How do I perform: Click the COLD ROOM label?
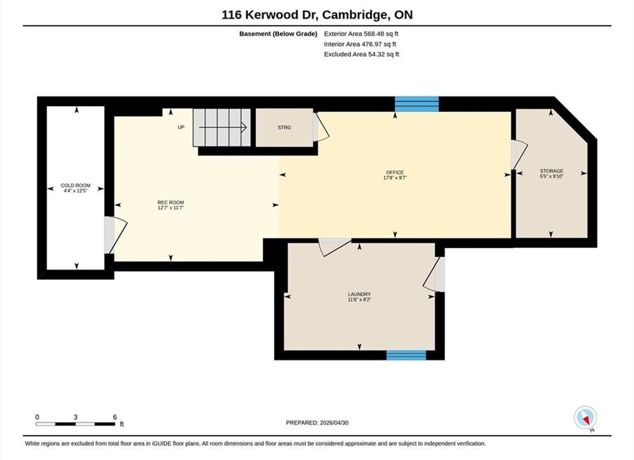pos(75,185)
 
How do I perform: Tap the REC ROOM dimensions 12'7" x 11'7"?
pos(170,208)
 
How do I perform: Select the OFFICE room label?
pos(395,172)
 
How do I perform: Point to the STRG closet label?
pos(284,127)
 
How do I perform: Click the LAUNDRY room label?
pos(359,294)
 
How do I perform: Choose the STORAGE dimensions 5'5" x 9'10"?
pos(552,176)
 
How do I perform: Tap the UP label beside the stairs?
pos(181,127)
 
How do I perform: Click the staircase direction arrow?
pos(223,128)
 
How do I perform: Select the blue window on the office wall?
pos(416,104)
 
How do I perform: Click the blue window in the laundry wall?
pos(406,355)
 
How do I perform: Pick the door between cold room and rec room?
pos(115,236)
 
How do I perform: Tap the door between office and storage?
pos(519,155)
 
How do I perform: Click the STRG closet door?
pos(321,127)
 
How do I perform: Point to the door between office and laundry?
pos(335,247)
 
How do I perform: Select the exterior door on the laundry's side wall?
pos(434,274)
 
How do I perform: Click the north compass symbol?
pos(585,418)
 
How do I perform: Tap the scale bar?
pos(75,424)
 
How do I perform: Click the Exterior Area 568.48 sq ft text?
pos(361,34)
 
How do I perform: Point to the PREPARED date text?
pos(317,423)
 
